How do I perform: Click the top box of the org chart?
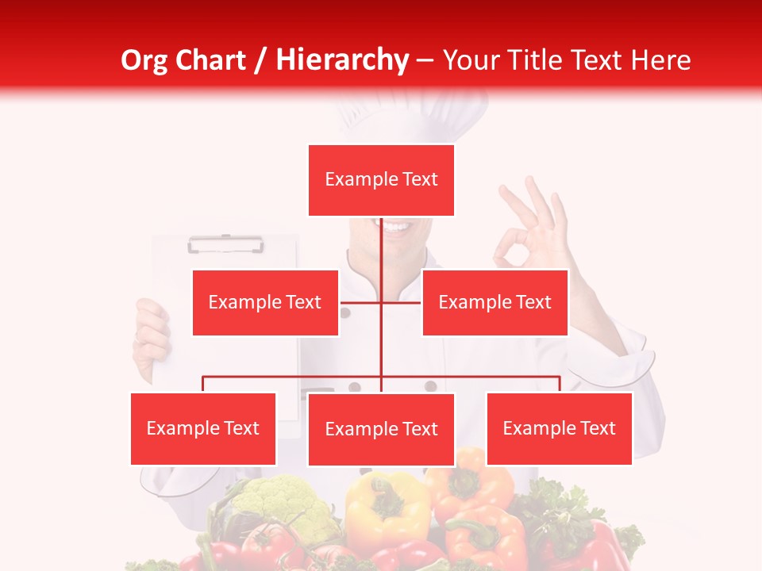(x=381, y=180)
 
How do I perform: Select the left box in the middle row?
(x=265, y=302)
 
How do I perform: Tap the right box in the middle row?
(x=495, y=302)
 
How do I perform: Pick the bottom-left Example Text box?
(x=203, y=428)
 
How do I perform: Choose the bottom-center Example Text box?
(x=381, y=429)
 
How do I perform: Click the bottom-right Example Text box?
(x=559, y=428)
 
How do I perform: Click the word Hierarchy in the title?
(x=342, y=60)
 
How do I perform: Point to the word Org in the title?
(x=148, y=60)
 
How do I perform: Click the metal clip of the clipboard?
(x=225, y=244)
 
